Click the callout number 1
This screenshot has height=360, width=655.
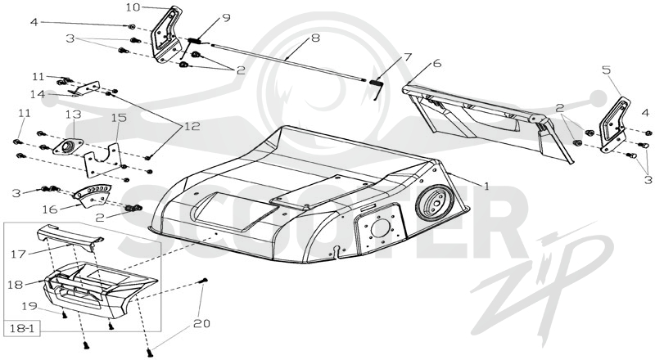pyautogui.click(x=486, y=187)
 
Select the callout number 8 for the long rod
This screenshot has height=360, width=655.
pyautogui.click(x=315, y=38)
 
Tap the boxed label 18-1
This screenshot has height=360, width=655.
pyautogui.click(x=23, y=329)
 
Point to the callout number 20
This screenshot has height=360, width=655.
pyautogui.click(x=201, y=324)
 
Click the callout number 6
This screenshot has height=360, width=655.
pyautogui.click(x=437, y=64)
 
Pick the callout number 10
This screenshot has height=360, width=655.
pyautogui.click(x=133, y=7)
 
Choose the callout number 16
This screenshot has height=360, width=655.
pyautogui.click(x=50, y=209)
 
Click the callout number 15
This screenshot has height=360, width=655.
pyautogui.click(x=119, y=118)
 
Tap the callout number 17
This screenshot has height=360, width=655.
pyautogui.click(x=19, y=254)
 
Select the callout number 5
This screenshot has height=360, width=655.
pyautogui.click(x=607, y=70)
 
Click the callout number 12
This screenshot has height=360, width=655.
pyautogui.click(x=192, y=126)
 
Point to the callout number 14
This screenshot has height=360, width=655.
pyautogui.click(x=38, y=94)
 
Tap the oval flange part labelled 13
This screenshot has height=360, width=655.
pyautogui.click(x=68, y=147)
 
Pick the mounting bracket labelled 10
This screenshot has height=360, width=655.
pyautogui.click(x=166, y=34)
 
